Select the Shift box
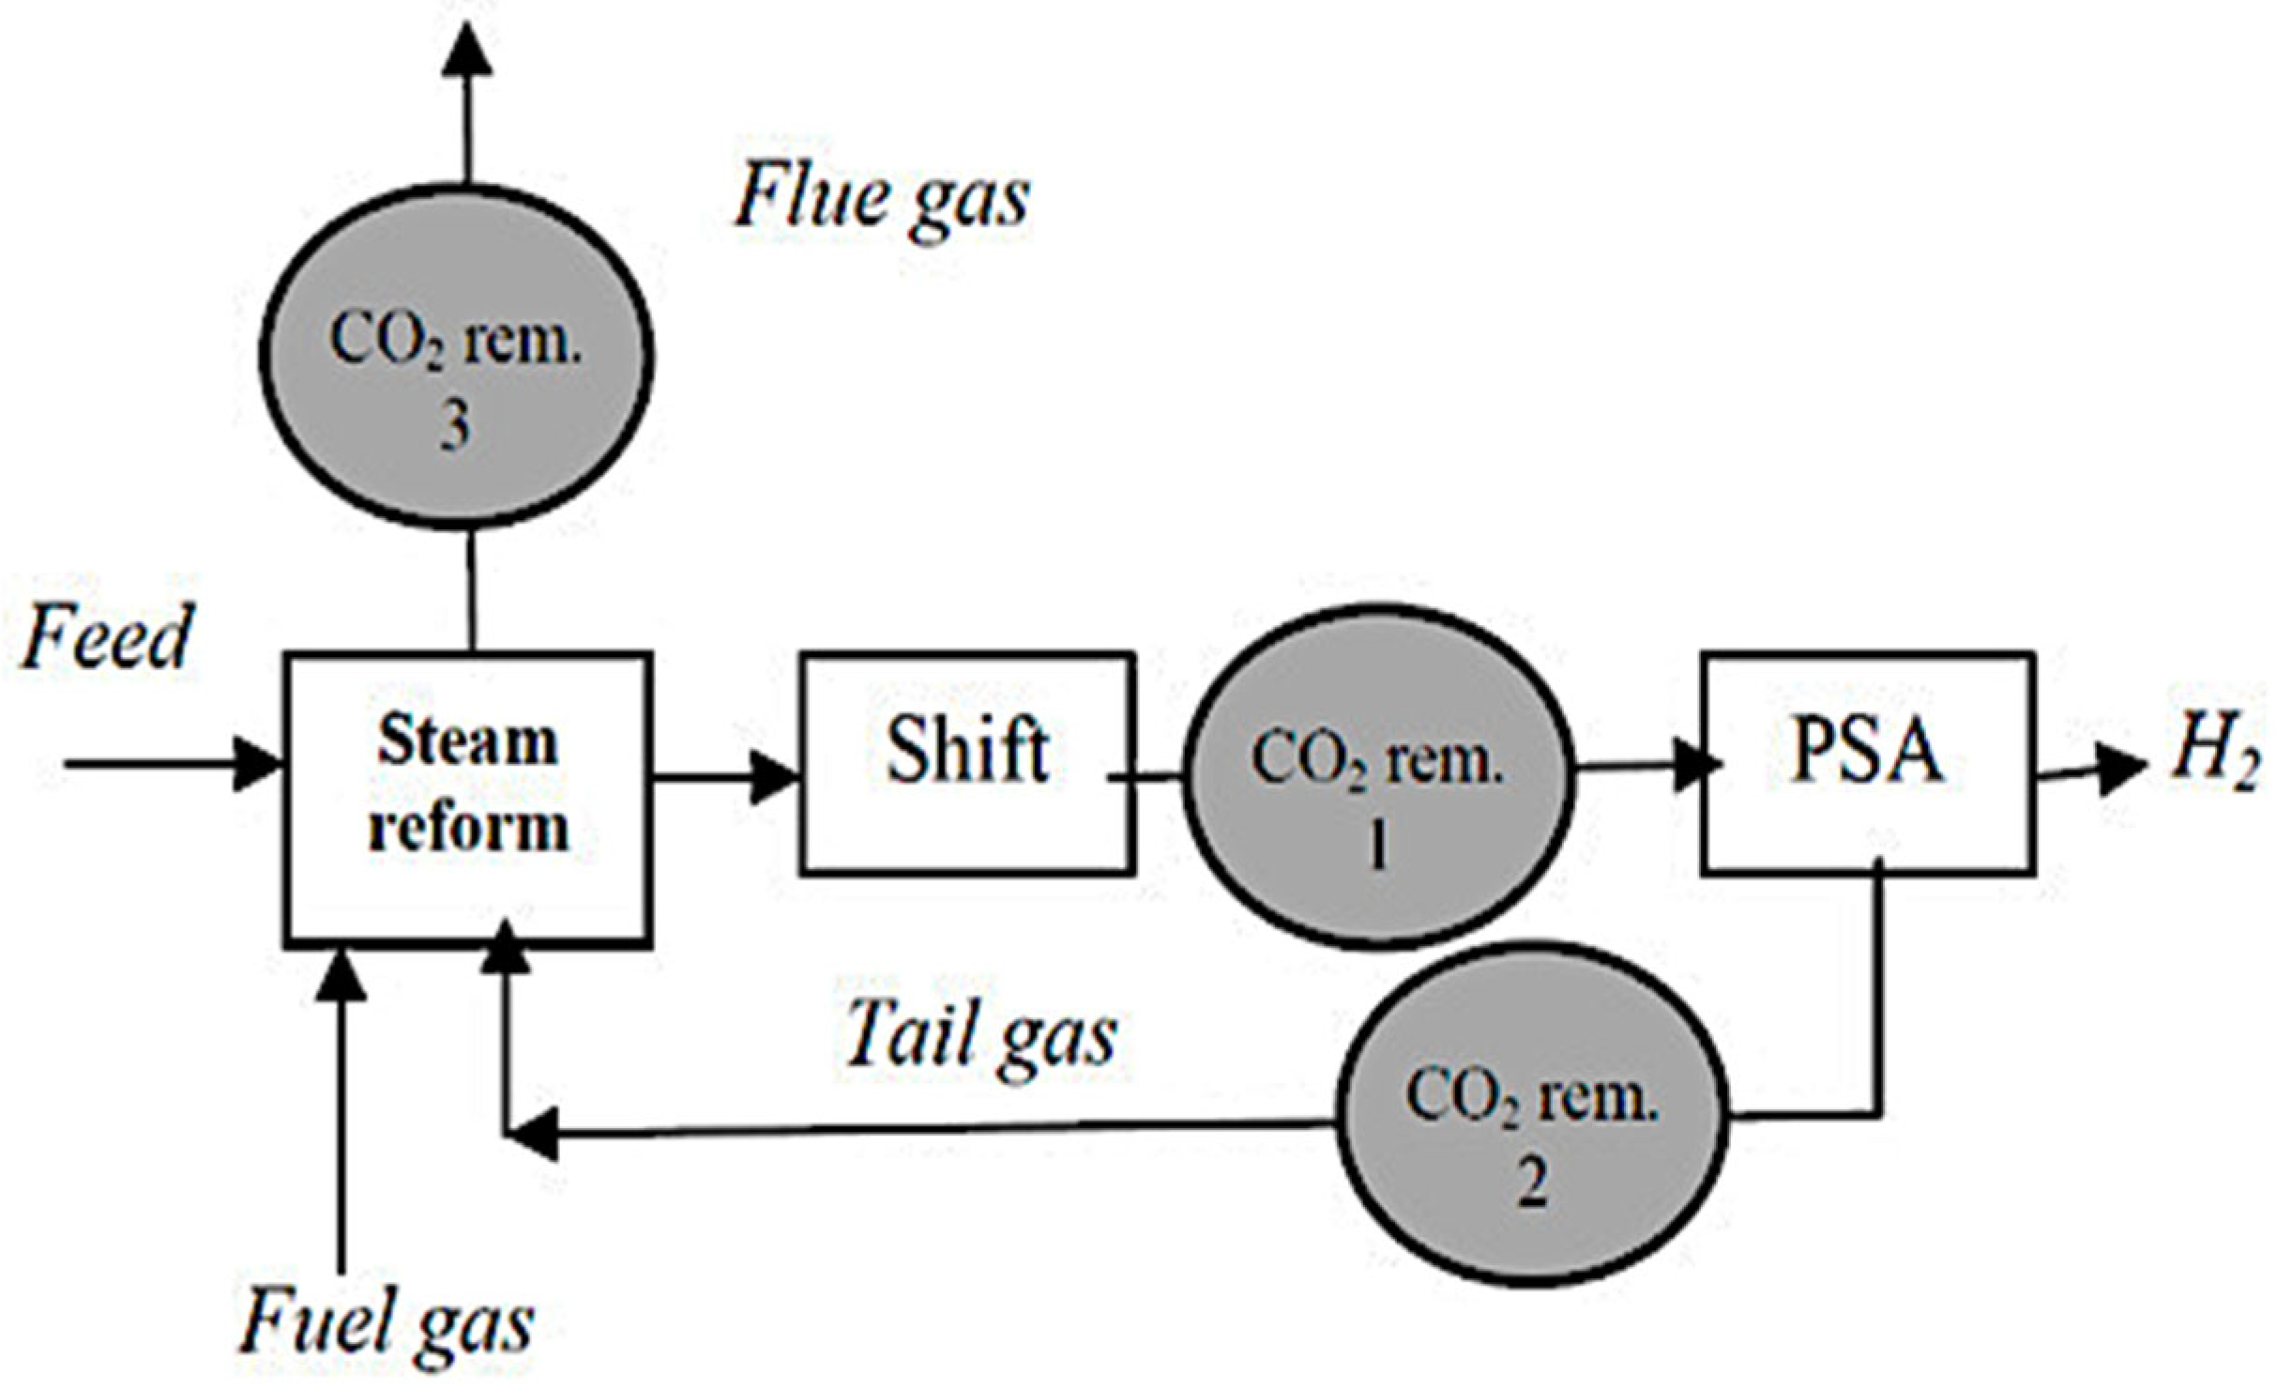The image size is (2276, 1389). coord(966,762)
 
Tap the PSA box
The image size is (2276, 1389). coord(1867,762)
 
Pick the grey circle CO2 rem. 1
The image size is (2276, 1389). coord(1377,777)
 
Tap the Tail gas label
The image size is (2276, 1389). coord(981,1036)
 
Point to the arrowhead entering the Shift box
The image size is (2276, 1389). coord(775,777)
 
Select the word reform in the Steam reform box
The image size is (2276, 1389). coord(468,829)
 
